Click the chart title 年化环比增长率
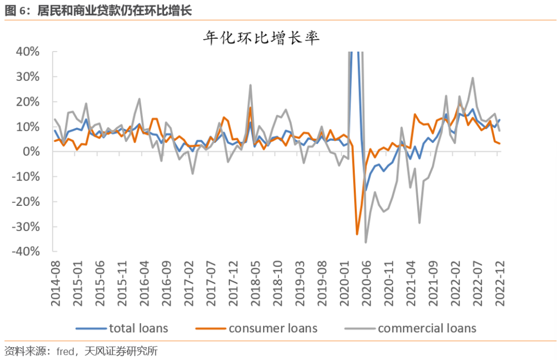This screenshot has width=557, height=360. [x=261, y=38]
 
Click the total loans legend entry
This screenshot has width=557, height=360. [x=122, y=328]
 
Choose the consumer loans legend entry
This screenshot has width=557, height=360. [x=257, y=328]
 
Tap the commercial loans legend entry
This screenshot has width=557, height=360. [x=409, y=328]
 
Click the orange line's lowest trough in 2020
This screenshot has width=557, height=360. [x=357, y=234]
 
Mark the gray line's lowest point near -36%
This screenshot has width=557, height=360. [x=366, y=242]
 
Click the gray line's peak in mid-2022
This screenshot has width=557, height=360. [x=472, y=78]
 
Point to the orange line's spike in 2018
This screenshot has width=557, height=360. [x=250, y=107]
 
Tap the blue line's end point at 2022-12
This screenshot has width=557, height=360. [x=499, y=120]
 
